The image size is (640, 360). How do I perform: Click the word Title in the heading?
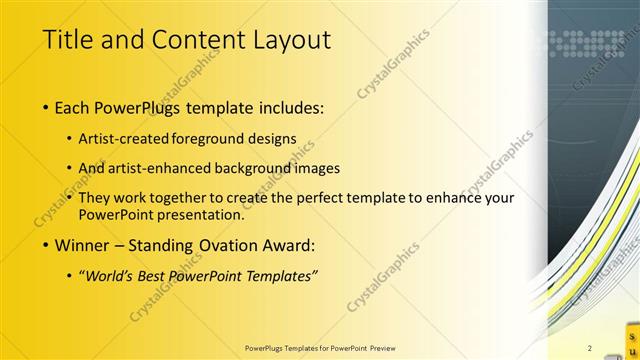coord(66,40)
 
